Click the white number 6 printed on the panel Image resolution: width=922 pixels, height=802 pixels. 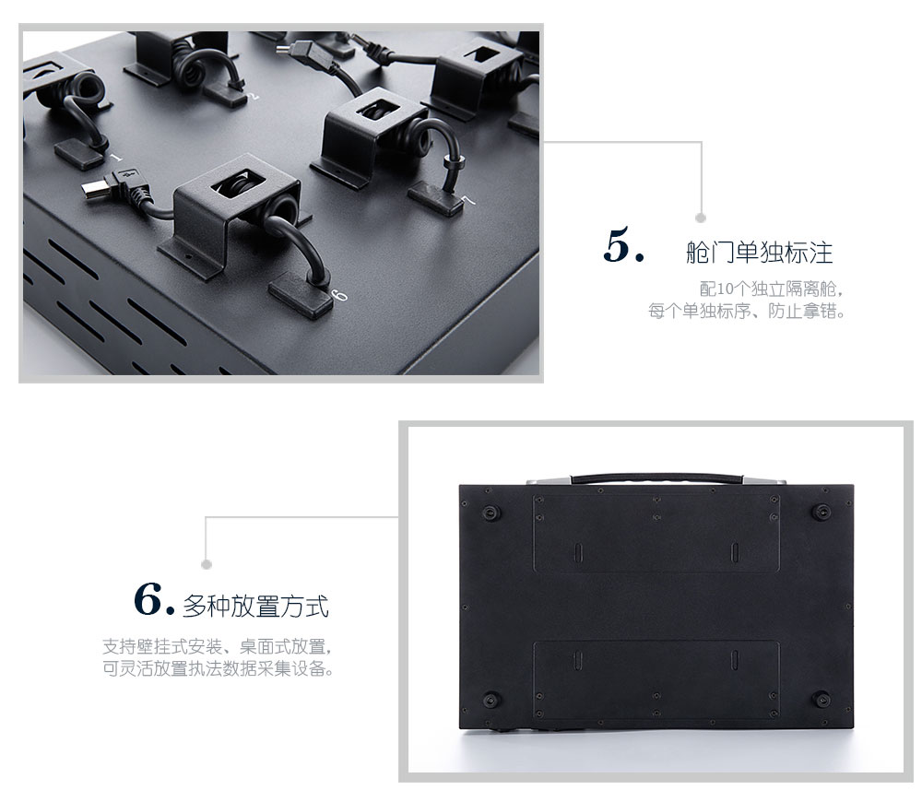tap(340, 296)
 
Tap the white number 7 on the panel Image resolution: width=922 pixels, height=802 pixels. tap(468, 201)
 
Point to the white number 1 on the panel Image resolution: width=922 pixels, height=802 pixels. tap(116, 158)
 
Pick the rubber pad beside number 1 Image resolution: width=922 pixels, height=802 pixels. tap(79, 154)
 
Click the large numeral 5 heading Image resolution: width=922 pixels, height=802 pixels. tap(622, 245)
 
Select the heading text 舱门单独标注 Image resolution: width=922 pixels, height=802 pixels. tap(759, 253)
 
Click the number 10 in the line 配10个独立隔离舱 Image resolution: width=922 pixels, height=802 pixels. tap(725, 289)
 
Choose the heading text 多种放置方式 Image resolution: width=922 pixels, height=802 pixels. tap(255, 607)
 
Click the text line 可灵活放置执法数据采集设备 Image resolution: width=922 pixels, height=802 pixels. tap(219, 668)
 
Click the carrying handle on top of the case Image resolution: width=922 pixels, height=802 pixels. tap(656, 478)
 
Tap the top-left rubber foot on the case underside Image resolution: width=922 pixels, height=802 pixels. tap(491, 513)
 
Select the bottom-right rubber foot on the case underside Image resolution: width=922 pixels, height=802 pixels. tap(821, 700)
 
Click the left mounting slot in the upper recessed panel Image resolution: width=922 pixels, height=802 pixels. tap(577, 552)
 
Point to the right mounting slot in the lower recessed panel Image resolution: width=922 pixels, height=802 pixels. tap(735, 659)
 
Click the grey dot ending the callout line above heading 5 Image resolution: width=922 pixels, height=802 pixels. tap(701, 218)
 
